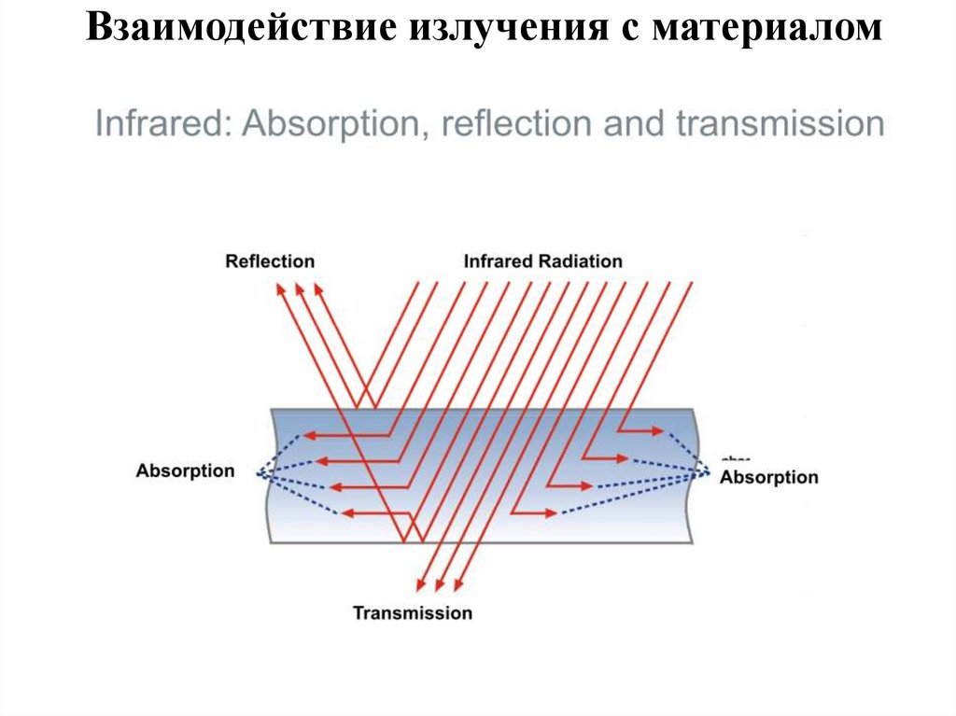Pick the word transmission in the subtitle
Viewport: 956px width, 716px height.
779,124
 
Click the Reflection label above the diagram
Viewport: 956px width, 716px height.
270,261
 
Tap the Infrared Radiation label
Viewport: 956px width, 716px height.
542,261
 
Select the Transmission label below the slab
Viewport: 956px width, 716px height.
412,613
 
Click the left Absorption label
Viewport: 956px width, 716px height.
185,470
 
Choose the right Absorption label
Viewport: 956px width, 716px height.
769,477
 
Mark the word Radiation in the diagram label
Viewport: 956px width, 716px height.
581,261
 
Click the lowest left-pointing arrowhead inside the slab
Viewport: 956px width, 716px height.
347,512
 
